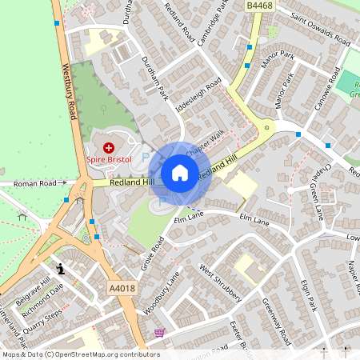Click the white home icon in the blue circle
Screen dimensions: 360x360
(x=180, y=173)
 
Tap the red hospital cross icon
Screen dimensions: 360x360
(x=109, y=148)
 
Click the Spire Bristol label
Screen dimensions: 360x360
(x=109, y=160)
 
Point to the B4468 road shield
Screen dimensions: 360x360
(x=258, y=6)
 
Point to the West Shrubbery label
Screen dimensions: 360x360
(x=221, y=282)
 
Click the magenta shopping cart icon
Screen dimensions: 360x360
(x=159, y=332)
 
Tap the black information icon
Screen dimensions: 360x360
(x=61, y=270)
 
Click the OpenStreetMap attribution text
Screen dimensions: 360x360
(x=80, y=354)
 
